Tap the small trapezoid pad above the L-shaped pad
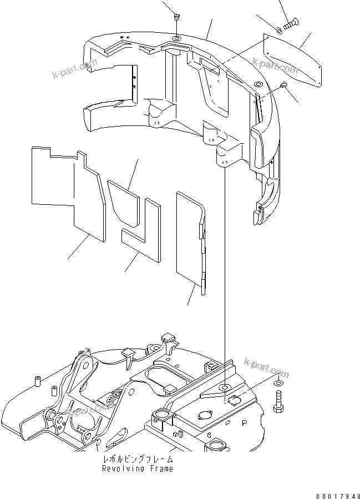[123, 197]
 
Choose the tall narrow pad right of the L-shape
[190, 239]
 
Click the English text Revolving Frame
[137, 468]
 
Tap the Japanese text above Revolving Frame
[138, 460]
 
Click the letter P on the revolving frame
[244, 422]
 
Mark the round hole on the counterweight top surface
[176, 38]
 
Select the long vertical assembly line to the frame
[225, 278]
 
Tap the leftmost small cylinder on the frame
[39, 382]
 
